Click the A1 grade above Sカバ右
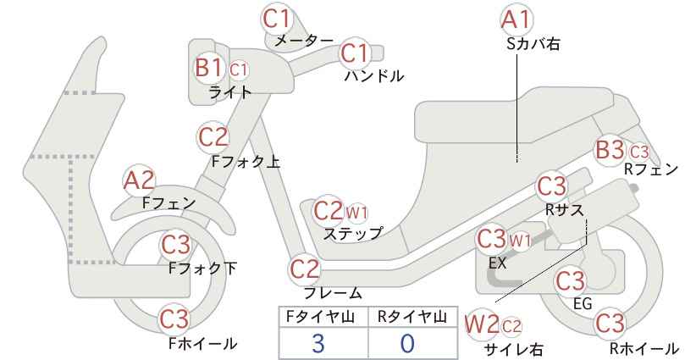[516, 20]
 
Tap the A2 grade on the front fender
[139, 181]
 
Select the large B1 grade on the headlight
[208, 69]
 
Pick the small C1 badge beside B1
[239, 69]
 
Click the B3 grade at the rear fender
[610, 150]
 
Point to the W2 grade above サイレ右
[483, 325]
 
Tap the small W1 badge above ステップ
[356, 213]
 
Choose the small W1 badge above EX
[520, 241]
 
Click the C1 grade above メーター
[277, 19]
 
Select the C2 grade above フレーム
[305, 269]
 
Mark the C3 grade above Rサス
[552, 186]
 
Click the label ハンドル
[374, 76]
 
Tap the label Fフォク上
[246, 162]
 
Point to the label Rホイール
[644, 348]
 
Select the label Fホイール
[203, 343]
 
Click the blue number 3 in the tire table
[318, 343]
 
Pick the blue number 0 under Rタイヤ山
[407, 343]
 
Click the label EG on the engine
[583, 303]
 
